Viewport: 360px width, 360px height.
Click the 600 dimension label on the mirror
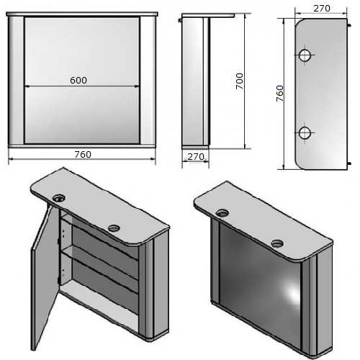78,80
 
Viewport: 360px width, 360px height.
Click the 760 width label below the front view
83,154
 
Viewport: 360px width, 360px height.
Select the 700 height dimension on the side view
240,81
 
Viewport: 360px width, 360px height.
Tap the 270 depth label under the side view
196,157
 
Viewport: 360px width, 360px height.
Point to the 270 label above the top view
322,9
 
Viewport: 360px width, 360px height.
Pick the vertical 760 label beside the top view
280,93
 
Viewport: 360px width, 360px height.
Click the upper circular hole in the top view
305,55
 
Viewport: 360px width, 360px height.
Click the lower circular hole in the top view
305,132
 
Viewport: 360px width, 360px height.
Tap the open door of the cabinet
45,276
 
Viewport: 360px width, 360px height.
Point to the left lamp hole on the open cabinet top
58,198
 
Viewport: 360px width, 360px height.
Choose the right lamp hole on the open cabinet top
114,228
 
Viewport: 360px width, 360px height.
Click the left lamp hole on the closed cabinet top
222,212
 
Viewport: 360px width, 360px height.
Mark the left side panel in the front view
16,81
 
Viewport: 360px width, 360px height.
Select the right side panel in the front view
148,81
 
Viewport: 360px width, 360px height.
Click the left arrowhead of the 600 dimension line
27,86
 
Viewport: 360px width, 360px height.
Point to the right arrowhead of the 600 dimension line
137,86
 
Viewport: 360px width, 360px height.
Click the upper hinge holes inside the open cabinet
63,233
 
